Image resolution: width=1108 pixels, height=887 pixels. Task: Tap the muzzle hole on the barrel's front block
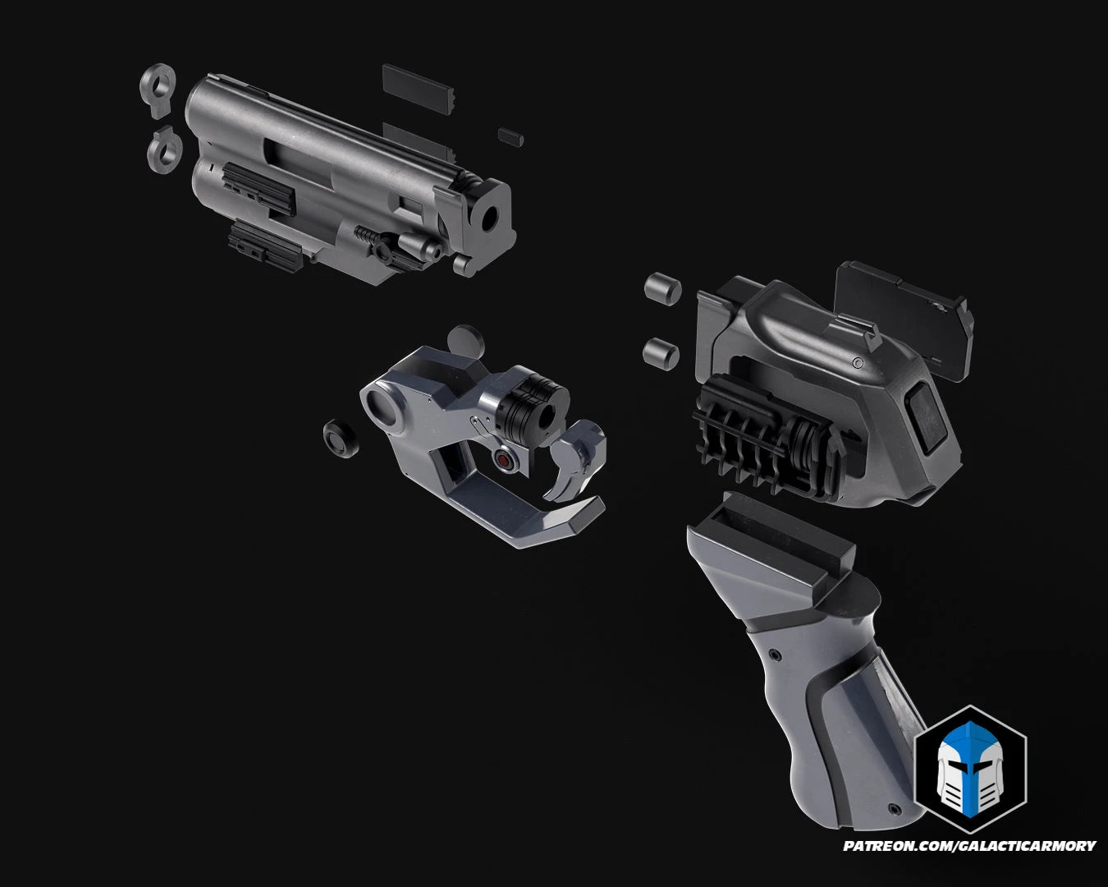point(490,218)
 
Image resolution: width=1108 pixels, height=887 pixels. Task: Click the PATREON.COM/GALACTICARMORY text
point(969,846)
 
